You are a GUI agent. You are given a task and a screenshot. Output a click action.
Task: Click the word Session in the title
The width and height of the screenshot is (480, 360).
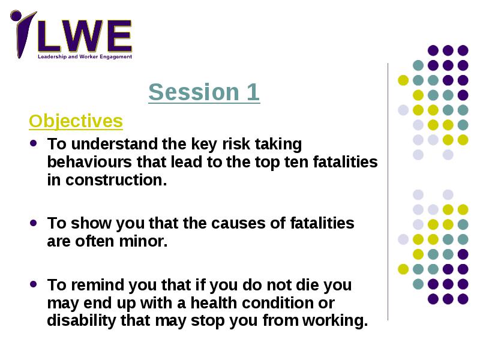pos(194,92)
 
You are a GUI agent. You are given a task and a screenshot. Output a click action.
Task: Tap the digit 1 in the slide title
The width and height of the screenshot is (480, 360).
pos(253,92)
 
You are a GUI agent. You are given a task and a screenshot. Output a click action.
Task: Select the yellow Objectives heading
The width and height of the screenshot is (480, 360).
pos(76,121)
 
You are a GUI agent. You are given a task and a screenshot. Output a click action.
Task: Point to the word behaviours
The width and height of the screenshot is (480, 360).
pos(89,162)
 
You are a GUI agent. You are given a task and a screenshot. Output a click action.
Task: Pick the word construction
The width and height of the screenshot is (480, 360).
pos(116,180)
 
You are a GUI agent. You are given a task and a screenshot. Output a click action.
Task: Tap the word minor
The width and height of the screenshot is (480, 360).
pos(143,241)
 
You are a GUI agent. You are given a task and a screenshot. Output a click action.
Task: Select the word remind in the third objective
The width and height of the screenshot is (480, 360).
pos(100,285)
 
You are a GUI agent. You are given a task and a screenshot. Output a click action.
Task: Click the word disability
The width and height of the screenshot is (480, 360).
pos(82,320)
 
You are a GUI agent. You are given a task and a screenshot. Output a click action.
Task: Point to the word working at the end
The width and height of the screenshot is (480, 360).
pos(335,321)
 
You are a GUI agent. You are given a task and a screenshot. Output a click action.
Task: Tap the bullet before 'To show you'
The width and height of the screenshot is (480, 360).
pos(34,223)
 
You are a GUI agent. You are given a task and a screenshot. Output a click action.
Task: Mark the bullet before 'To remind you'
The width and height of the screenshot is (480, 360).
pos(34,284)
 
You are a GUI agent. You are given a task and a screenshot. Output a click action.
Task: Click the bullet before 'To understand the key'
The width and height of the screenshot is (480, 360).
pos(34,143)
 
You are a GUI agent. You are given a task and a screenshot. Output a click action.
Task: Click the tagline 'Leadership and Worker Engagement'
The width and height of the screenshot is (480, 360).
pos(85,56)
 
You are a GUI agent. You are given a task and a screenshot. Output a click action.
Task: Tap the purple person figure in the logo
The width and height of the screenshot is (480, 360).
pos(22,33)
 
